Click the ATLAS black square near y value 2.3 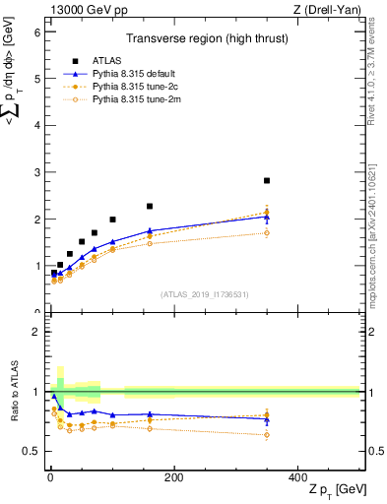150,207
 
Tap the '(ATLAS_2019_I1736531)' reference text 204,293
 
